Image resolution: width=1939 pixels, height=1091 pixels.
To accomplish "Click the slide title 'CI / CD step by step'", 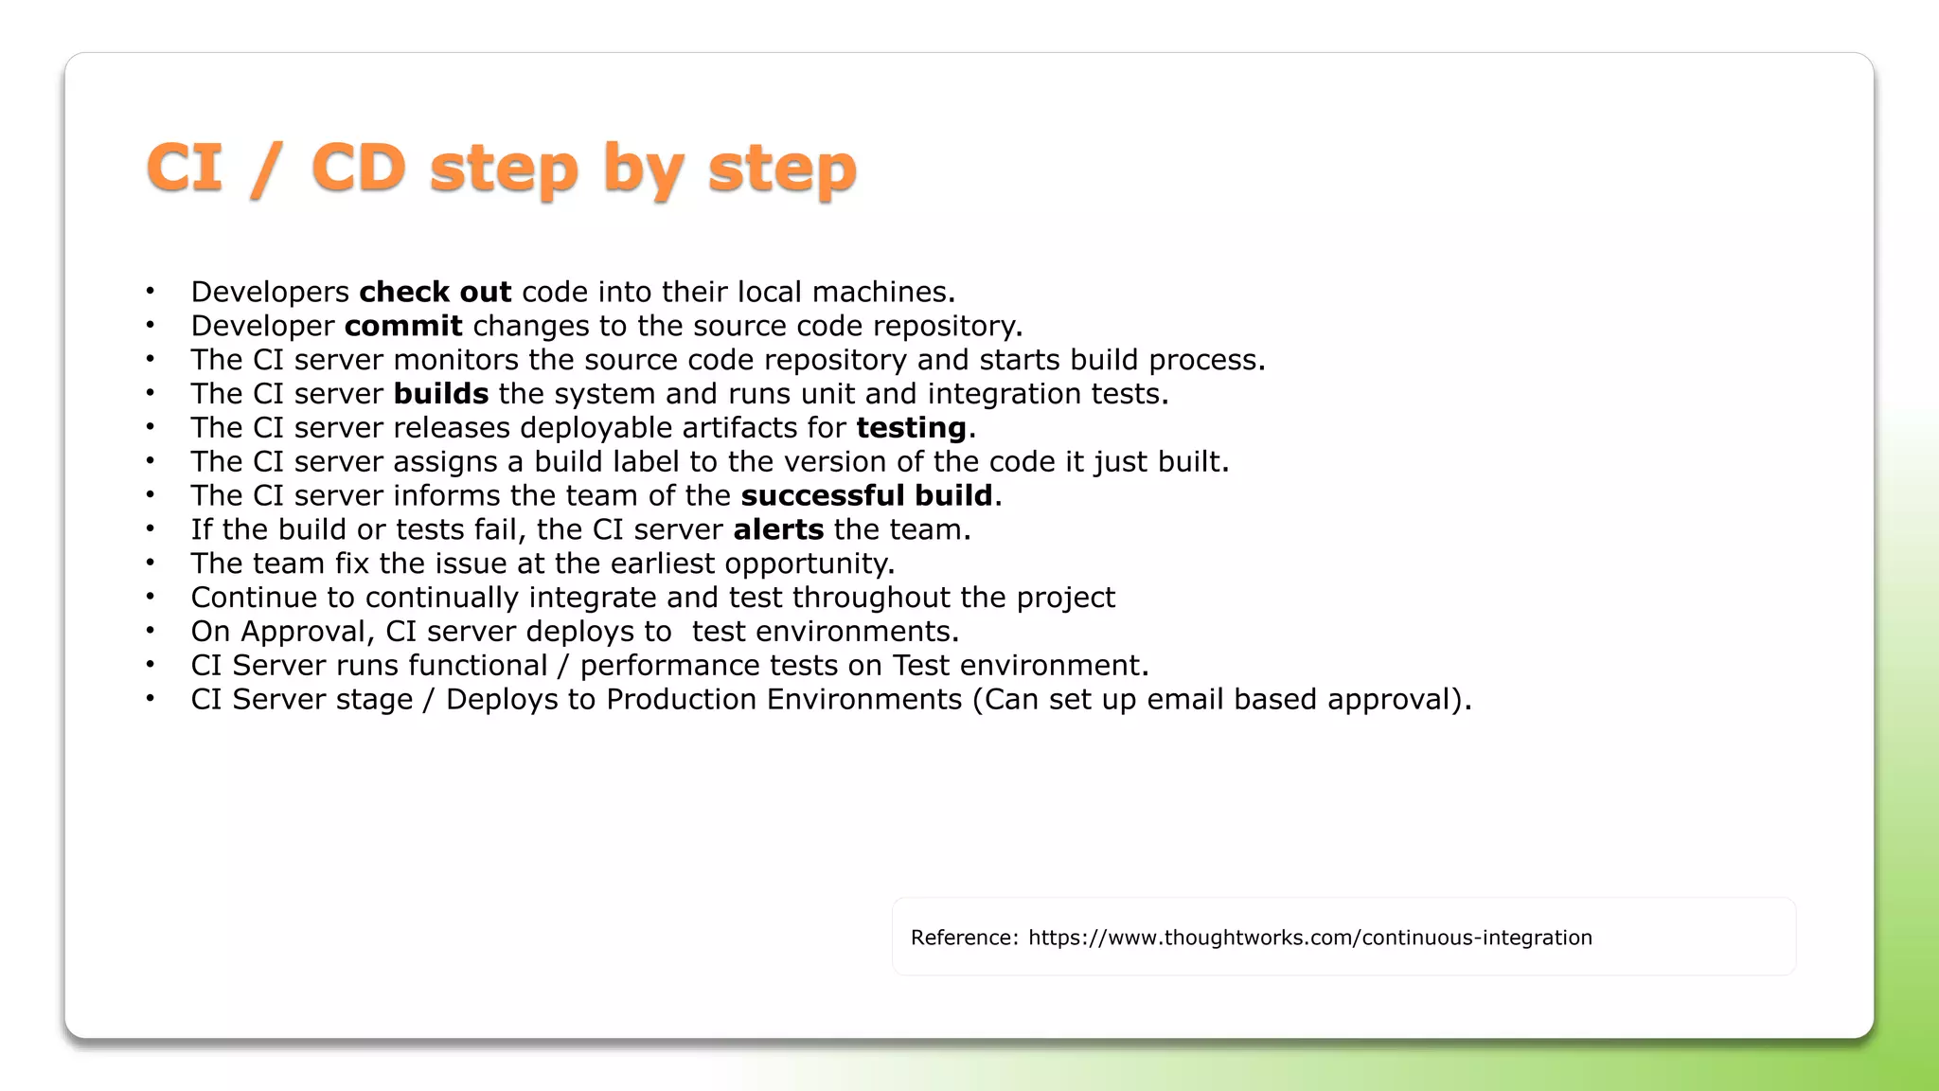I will pos(502,168).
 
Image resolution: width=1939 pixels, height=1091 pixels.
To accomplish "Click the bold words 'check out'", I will pos(435,292).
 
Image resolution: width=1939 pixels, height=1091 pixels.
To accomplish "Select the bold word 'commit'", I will pos(403,326).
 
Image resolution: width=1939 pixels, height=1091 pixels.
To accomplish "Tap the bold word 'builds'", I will pos(441,394).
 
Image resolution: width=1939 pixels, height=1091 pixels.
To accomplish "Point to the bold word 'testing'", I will pos(911,428).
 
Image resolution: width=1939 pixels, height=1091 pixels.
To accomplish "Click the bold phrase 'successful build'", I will pos(866,495).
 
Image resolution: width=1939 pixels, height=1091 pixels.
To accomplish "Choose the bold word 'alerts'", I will pos(778,529).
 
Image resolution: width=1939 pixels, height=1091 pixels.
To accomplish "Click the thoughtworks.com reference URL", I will pos(1309,938).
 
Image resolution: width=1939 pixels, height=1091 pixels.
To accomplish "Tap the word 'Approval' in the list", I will pos(302,632).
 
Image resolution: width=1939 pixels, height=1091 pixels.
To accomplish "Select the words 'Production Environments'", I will pos(784,700).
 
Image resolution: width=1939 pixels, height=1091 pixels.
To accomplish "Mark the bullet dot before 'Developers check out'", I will pos(150,291).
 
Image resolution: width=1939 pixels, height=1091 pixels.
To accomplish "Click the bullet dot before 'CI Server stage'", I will pos(150,699).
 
